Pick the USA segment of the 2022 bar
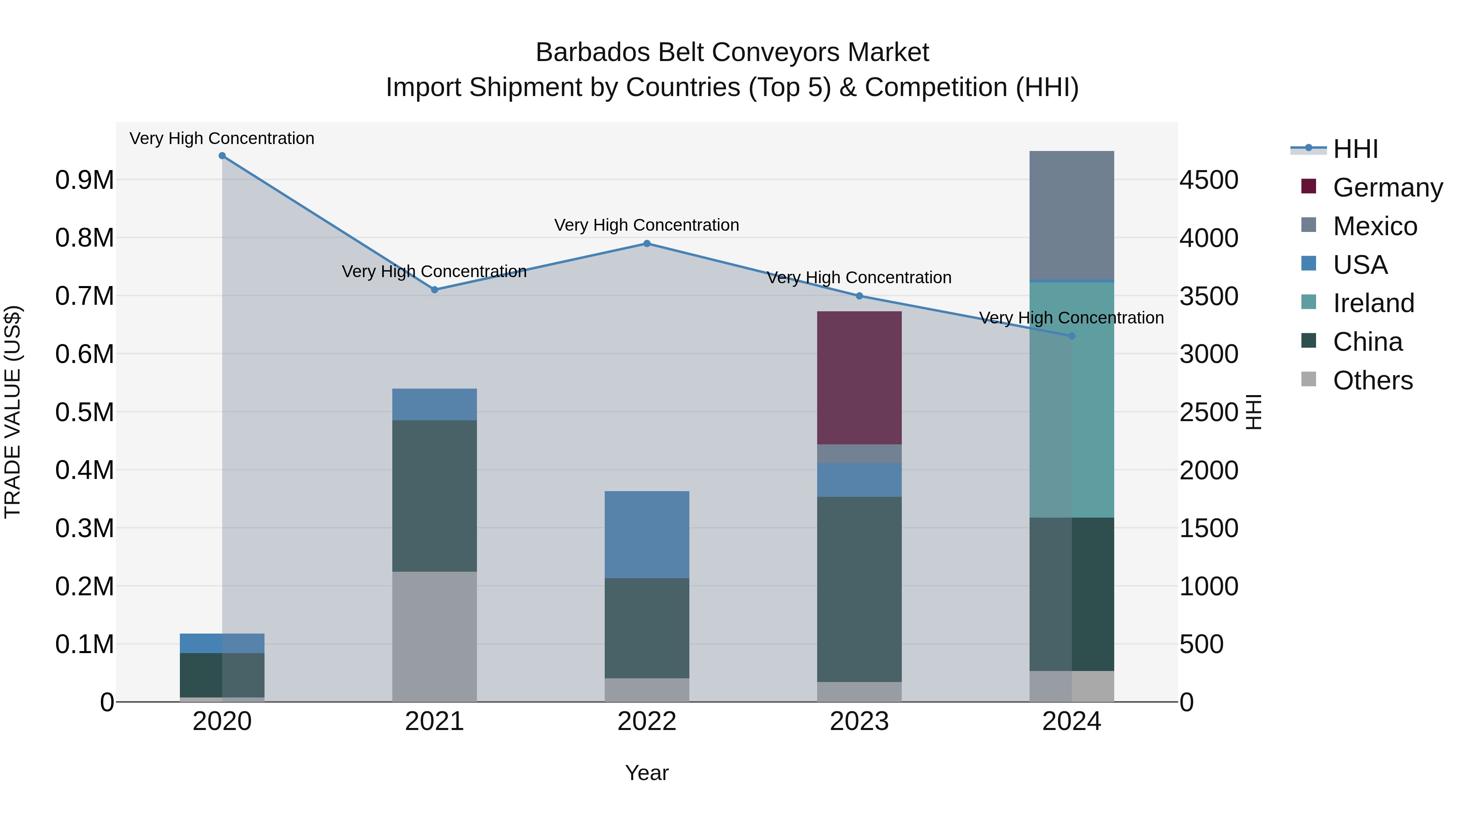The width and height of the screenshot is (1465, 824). coord(647,535)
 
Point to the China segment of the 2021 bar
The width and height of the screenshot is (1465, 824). coord(435,496)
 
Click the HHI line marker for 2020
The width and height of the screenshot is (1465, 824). coord(222,156)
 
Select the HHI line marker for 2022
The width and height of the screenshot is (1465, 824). coord(647,243)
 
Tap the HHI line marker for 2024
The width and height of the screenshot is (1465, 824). coord(1071,336)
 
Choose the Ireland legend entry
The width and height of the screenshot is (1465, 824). coord(1373,303)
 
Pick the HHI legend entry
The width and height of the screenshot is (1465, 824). coord(1355,149)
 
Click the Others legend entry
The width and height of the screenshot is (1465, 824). coord(1372,380)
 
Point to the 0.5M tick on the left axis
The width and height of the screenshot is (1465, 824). coord(84,412)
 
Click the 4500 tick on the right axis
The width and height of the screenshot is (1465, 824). coord(1209,180)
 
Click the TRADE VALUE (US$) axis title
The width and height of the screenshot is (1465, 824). coord(13,412)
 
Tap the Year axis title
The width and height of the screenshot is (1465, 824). coord(647,773)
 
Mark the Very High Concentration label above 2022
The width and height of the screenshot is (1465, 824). coord(647,225)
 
